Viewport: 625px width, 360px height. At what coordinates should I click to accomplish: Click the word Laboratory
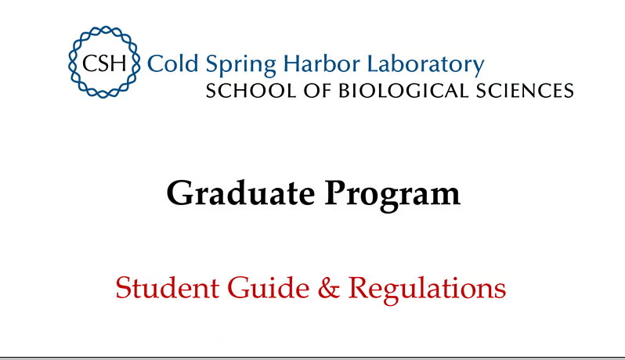click(x=420, y=64)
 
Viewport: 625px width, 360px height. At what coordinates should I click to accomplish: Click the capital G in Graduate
click(x=181, y=193)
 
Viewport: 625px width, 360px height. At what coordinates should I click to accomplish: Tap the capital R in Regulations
click(x=358, y=287)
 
